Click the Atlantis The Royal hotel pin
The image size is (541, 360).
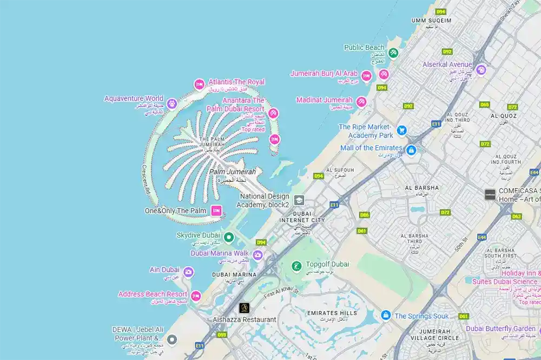click(x=199, y=84)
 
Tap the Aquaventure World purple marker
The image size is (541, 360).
click(x=172, y=103)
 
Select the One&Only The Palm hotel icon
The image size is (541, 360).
click(x=216, y=211)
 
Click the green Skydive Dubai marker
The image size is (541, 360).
click(x=229, y=237)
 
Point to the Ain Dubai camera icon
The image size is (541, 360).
click(x=188, y=272)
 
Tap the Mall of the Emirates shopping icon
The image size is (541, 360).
click(x=411, y=149)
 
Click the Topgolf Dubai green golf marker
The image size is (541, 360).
click(x=296, y=266)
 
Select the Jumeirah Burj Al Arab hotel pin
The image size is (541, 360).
click(x=366, y=76)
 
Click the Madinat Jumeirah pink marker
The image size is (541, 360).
click(x=361, y=102)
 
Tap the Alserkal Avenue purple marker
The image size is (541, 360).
click(x=481, y=69)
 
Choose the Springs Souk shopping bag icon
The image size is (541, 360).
click(x=386, y=315)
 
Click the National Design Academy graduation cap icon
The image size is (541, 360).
click(x=299, y=201)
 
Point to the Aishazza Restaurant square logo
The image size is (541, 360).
click(x=244, y=308)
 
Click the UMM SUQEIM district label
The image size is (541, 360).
click(x=431, y=21)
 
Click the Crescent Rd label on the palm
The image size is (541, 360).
click(x=146, y=179)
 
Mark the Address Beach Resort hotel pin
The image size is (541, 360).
click(x=196, y=296)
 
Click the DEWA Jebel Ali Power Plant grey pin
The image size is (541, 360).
click(x=172, y=340)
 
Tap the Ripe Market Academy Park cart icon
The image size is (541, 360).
click(x=401, y=130)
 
